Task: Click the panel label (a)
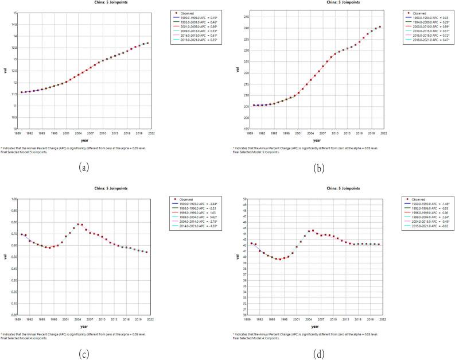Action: coord(85,168)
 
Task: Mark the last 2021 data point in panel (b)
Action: coord(379,26)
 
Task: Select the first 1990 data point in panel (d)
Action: coord(251,243)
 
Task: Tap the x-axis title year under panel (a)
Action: coord(85,140)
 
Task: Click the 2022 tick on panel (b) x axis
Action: coord(382,133)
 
